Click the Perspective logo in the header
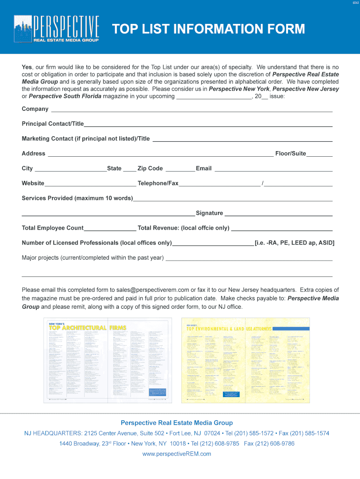[x=57, y=29]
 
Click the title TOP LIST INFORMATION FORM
[x=208, y=29]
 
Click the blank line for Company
[x=191, y=109]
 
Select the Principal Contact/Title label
[x=52, y=124]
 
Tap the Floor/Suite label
[x=290, y=153]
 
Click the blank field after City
[x=71, y=169]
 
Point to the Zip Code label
[x=150, y=168]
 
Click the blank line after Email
[x=273, y=169]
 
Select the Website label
[x=33, y=183]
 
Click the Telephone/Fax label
[x=158, y=183]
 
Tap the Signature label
[x=209, y=213]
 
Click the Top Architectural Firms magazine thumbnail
[x=108, y=360]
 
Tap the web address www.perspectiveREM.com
[x=177, y=454]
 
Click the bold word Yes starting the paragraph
[x=27, y=67]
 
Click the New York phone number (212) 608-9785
[x=215, y=443]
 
